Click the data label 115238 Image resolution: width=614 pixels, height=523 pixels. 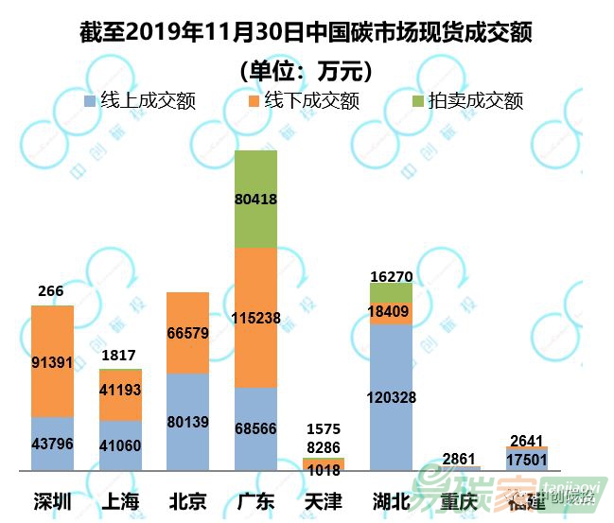click(x=254, y=319)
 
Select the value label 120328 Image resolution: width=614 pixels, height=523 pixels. click(x=391, y=397)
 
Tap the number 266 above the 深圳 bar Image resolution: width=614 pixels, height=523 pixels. click(x=51, y=291)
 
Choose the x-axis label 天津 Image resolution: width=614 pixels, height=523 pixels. click(x=323, y=500)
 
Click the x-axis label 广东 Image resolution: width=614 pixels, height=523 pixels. click(x=254, y=500)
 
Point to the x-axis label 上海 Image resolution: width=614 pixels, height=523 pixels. click(x=119, y=500)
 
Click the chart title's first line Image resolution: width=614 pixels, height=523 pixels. click(x=307, y=34)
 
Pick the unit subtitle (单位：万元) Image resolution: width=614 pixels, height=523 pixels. click(x=307, y=70)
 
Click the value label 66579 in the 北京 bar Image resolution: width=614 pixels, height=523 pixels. click(x=187, y=333)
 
